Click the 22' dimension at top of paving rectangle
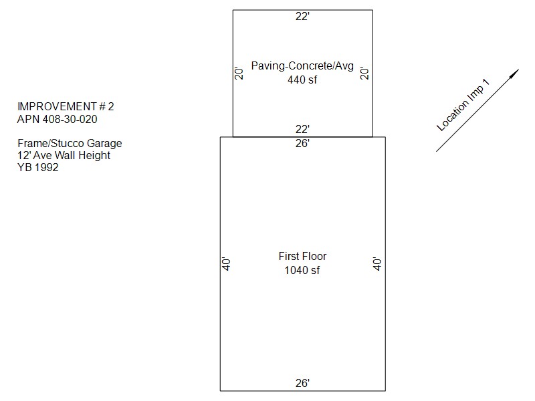pyautogui.click(x=302, y=16)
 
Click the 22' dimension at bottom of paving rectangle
pyautogui.click(x=302, y=129)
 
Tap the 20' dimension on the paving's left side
pyautogui.click(x=239, y=74)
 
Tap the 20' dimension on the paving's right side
pyautogui.click(x=364, y=74)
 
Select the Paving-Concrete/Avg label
pyautogui.click(x=302, y=65)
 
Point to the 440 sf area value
pyautogui.click(x=302, y=80)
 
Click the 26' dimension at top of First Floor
pyautogui.click(x=302, y=143)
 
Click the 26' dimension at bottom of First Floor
pyautogui.click(x=302, y=383)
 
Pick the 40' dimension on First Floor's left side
pyautogui.click(x=226, y=264)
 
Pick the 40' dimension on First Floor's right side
pyautogui.click(x=377, y=264)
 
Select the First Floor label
pyautogui.click(x=302, y=256)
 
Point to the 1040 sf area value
pyautogui.click(x=302, y=271)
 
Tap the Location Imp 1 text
pyautogui.click(x=463, y=105)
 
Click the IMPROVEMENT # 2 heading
pyautogui.click(x=66, y=107)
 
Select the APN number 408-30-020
pyautogui.click(x=70, y=120)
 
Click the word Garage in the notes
pyautogui.click(x=104, y=144)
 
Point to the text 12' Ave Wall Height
pyautogui.click(x=64, y=156)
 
